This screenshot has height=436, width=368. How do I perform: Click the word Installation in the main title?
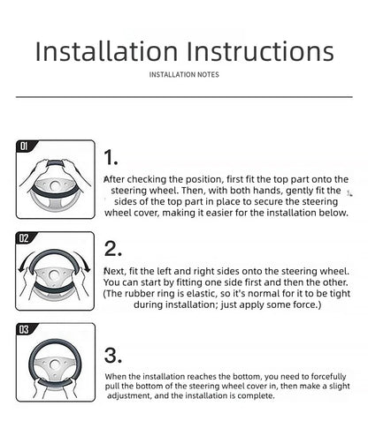(106, 51)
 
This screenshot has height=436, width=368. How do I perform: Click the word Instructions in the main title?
(261, 51)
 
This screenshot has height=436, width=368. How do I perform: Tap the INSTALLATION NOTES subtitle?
(184, 75)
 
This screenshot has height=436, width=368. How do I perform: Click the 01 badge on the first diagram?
(24, 146)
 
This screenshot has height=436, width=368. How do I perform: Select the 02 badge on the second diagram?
(24, 238)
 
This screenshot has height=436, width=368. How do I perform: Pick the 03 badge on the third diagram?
(24, 330)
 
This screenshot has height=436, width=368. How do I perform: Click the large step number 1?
(111, 157)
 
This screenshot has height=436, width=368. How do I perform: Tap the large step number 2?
(112, 249)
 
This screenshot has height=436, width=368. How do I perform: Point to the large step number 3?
(112, 355)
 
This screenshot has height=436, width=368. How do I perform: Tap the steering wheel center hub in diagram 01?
(55, 186)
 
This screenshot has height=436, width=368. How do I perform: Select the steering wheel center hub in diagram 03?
(54, 365)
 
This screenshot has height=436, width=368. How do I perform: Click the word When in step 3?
(116, 376)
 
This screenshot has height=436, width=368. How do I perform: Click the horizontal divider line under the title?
(184, 97)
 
